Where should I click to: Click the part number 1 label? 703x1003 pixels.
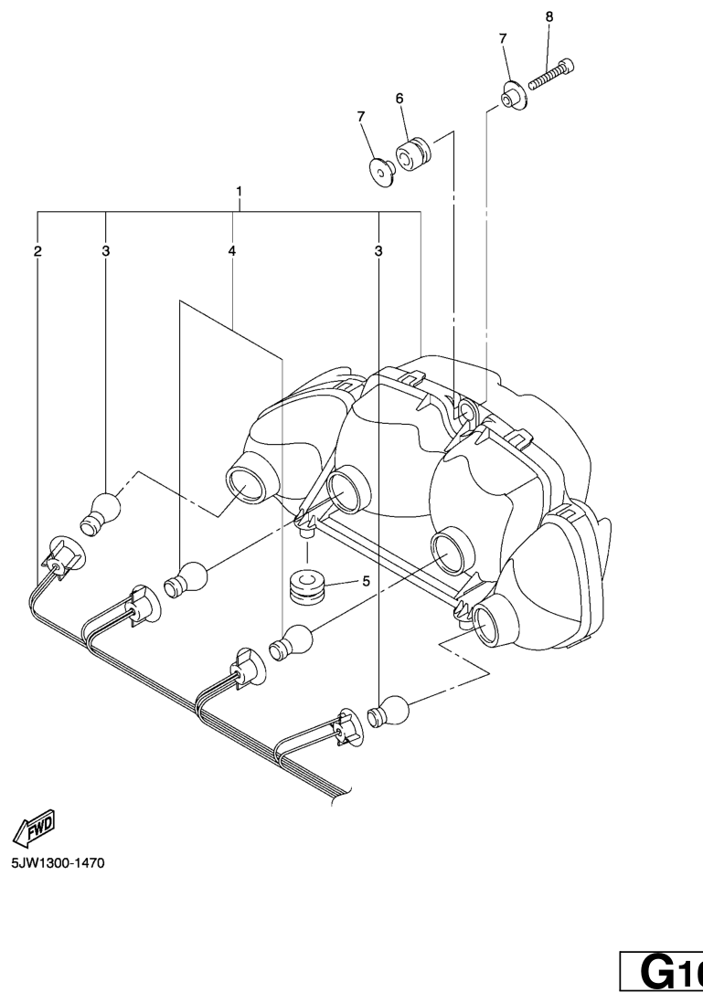coord(239,193)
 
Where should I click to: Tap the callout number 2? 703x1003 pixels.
coord(37,250)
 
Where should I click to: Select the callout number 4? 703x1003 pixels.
coord(232,250)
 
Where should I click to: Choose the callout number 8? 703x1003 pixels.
coord(549,16)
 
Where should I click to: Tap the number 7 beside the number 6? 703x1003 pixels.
coord(360,116)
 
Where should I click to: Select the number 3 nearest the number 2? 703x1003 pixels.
coord(106,250)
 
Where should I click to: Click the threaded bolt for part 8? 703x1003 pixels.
coord(551,74)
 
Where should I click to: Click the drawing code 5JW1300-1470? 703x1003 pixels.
coord(59,862)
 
